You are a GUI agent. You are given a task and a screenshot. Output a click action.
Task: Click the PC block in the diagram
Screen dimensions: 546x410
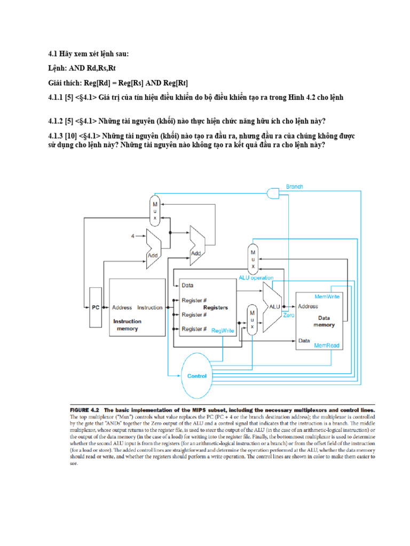[95, 308]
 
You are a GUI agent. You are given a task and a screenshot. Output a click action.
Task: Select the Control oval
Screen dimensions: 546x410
[196, 376]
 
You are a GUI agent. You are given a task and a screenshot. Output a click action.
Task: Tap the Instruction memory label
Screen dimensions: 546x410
[127, 325]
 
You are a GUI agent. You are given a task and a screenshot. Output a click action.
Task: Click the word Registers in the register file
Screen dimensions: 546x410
[215, 308]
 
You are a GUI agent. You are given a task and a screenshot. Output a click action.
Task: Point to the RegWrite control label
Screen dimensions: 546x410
[223, 331]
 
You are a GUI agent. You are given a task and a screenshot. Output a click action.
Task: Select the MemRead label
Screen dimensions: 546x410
[327, 346]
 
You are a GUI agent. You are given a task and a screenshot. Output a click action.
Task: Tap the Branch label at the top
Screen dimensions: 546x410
[295, 187]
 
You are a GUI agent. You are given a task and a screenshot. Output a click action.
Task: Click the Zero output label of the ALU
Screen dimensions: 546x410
[289, 316]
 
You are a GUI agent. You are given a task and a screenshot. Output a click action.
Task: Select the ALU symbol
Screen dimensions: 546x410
[273, 307]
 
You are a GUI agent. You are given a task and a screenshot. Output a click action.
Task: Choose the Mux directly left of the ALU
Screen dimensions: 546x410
[251, 319]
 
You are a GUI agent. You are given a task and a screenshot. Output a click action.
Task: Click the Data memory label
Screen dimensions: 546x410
[324, 321]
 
